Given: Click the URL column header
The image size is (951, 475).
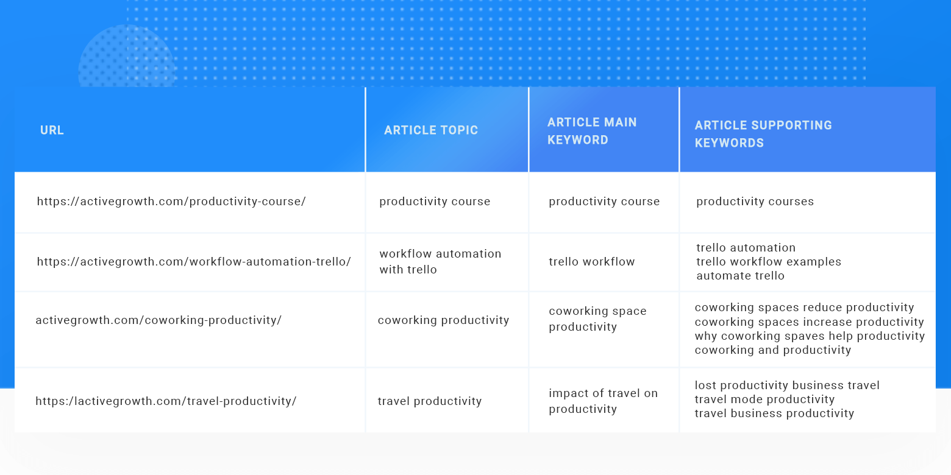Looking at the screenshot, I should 52,130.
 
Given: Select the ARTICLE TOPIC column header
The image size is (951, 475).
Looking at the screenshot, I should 431,130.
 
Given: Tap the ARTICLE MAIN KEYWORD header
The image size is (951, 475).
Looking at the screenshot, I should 592,131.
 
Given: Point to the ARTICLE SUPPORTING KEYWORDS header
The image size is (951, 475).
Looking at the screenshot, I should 763,134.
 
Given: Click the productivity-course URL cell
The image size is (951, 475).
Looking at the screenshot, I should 171,202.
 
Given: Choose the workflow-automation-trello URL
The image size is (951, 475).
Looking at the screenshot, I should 194,262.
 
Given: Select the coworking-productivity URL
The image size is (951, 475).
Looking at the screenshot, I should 158,320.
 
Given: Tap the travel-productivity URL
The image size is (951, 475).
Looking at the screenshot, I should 166,401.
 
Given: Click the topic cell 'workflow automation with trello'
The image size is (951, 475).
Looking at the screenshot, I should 440,262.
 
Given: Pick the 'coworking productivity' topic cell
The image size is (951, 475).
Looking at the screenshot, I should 443,320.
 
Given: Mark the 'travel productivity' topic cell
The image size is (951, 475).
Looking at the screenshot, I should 429,401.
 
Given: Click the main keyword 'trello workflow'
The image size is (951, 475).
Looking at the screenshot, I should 591,262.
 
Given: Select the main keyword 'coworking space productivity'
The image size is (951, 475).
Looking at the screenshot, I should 597,319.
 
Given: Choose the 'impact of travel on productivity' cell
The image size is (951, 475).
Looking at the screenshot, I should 603,401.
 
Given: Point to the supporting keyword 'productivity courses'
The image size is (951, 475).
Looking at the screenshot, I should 755,202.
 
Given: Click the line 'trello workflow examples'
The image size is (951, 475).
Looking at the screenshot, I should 768,262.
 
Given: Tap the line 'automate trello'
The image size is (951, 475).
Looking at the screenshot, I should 740,276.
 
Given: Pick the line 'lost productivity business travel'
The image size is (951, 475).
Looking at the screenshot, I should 787,385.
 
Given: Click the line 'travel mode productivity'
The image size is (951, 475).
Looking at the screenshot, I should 764,399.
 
